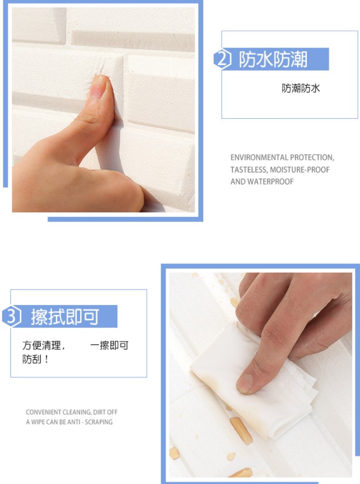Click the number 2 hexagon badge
222,59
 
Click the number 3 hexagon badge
12,316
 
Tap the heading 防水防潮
273,59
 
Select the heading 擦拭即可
65,316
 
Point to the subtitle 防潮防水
301,88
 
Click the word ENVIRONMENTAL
259,158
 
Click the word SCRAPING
99,422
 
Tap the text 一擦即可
110,345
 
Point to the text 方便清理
42,345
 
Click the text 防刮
32,359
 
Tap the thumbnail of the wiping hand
245,383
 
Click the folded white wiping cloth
253,379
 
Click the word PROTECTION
312,158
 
